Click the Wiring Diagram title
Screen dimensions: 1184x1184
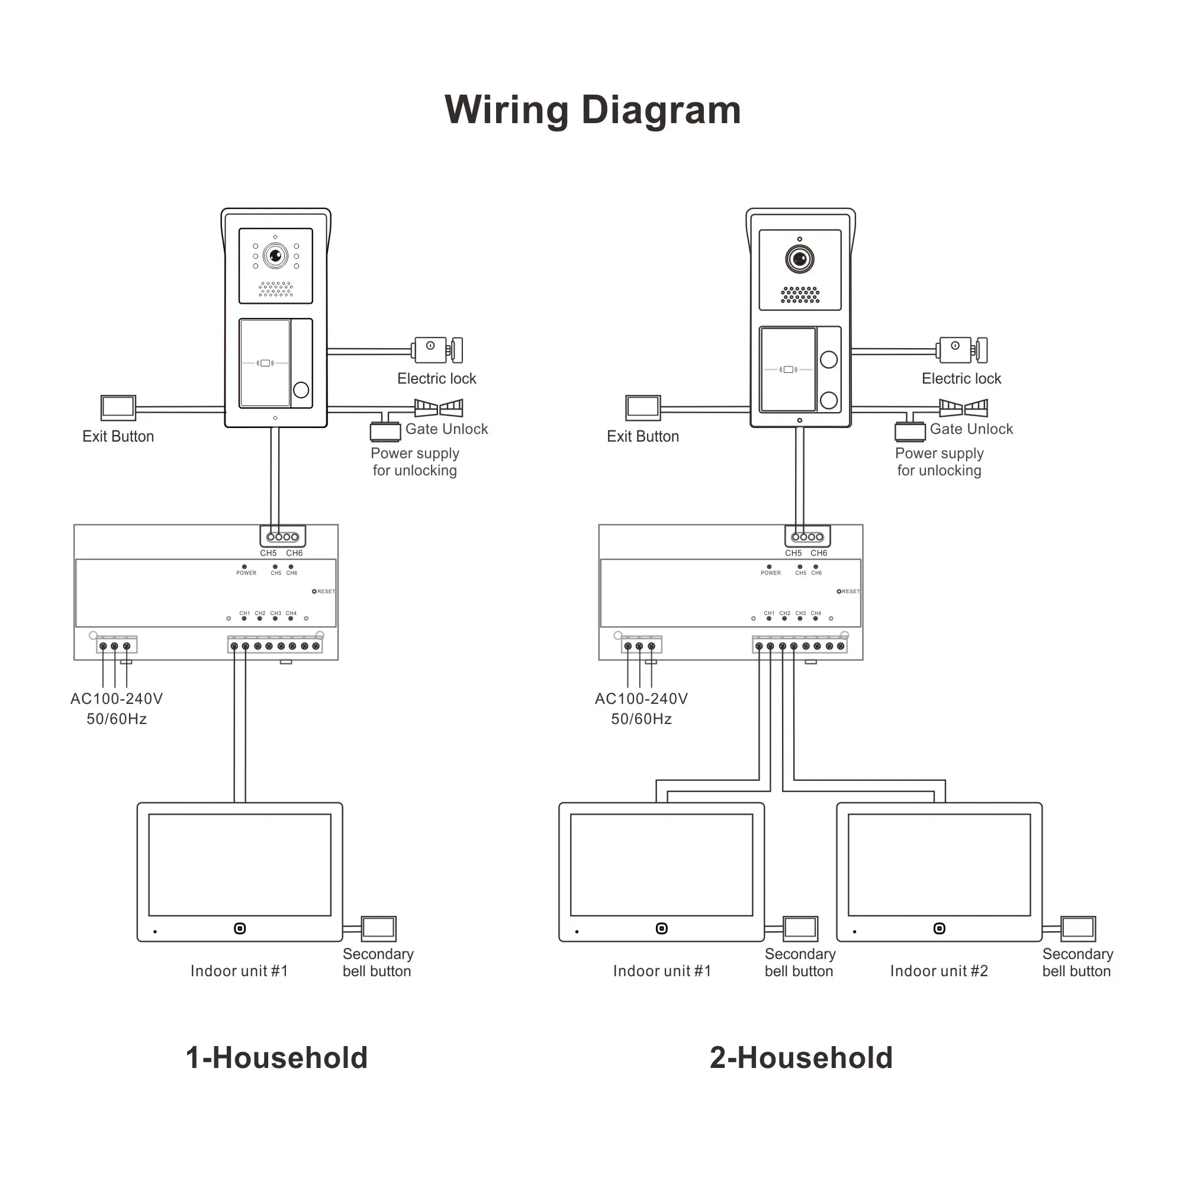[592, 110]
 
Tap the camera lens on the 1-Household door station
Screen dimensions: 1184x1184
[275, 255]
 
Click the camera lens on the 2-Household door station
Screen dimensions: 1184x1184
[800, 259]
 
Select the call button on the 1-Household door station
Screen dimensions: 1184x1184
[301, 390]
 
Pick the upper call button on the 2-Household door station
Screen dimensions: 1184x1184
[829, 360]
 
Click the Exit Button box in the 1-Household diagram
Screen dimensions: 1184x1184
[118, 407]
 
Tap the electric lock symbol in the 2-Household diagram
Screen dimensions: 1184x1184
[961, 350]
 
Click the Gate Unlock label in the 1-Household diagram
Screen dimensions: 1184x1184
[446, 429]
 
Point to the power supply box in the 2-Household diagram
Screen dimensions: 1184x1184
[909, 432]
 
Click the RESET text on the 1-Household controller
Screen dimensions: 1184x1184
[326, 591]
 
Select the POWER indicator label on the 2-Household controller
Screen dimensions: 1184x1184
[770, 573]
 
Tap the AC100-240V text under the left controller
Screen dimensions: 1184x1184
[117, 699]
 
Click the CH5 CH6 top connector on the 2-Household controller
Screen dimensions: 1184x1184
[807, 537]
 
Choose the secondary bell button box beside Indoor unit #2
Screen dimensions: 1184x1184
[1077, 928]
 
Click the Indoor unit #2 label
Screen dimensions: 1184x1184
[938, 971]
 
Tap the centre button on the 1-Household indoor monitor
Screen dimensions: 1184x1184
[240, 928]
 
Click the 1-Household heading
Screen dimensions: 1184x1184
[276, 1058]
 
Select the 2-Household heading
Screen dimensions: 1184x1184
[801, 1058]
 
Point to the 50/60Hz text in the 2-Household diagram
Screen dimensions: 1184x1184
[641, 719]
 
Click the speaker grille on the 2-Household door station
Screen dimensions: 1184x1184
[800, 295]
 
